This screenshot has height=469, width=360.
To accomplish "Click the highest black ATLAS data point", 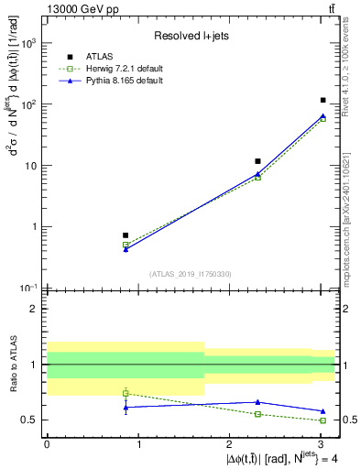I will (x=323, y=100).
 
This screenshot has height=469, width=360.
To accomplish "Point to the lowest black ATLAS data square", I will (x=125, y=235).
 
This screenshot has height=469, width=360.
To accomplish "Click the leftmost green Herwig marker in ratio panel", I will (x=125, y=393).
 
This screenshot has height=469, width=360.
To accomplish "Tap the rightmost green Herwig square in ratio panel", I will (x=323, y=420).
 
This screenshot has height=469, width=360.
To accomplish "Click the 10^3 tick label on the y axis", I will (x=28, y=43).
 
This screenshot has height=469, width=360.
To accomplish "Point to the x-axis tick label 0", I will (x=47, y=442).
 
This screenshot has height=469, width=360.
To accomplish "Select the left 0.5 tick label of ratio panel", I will (x=30, y=420).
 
